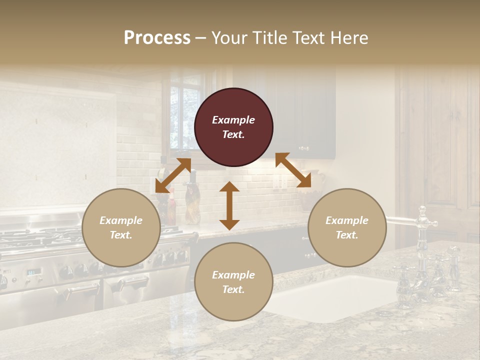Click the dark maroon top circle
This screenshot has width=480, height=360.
233,127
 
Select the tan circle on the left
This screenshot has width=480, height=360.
121,227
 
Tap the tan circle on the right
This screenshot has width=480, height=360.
347,227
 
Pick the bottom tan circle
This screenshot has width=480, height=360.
233,282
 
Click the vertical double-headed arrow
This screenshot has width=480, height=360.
229,205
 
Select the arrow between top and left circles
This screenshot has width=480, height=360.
173,175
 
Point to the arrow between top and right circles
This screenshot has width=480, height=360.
293,170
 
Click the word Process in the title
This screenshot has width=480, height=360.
157,37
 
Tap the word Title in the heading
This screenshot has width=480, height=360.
269,37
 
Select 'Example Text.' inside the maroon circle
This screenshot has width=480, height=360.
233,127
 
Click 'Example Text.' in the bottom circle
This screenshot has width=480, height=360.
233,282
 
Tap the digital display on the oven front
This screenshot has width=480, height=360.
34,272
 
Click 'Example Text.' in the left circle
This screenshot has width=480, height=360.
121,227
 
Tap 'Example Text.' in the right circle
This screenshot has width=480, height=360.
347,227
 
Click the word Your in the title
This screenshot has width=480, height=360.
229,37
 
